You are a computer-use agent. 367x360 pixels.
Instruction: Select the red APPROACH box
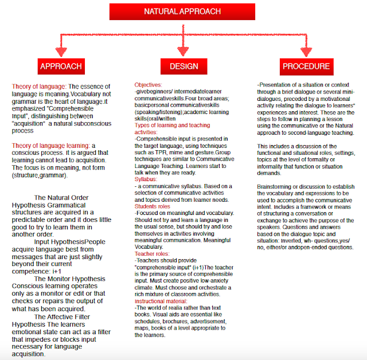[61, 66]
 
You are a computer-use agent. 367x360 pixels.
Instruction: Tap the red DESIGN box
[184, 66]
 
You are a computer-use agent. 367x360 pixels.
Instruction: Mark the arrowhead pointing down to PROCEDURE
[306, 50]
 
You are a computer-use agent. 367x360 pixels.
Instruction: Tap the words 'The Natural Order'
[61, 197]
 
